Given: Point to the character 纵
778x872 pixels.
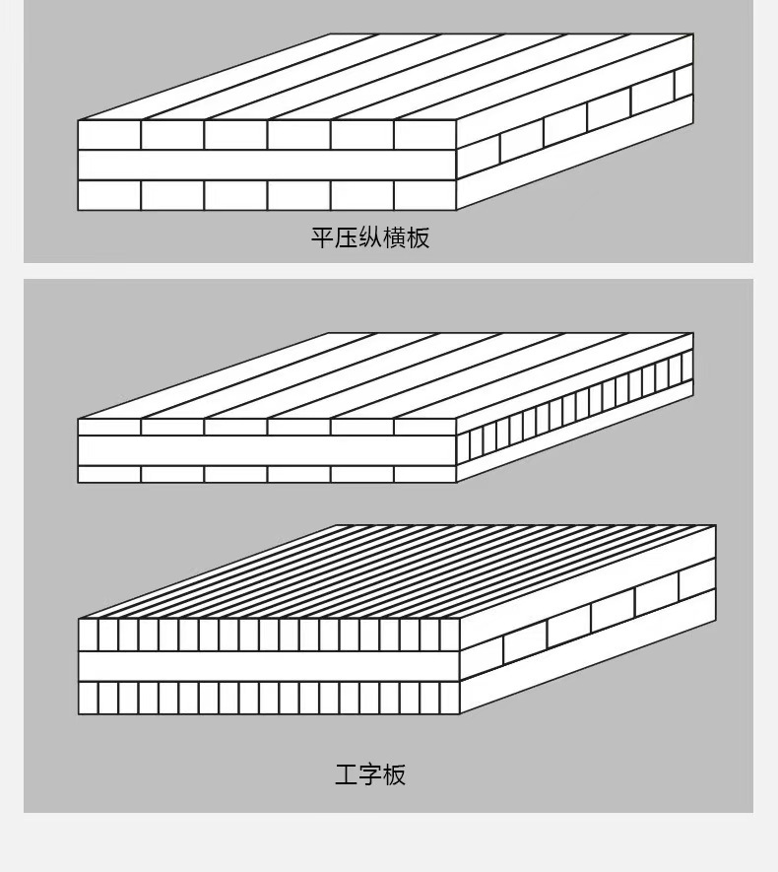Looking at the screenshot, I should tap(370, 238).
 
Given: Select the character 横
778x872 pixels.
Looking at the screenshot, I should tap(394, 238).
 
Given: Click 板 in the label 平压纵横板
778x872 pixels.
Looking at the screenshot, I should tap(418, 238).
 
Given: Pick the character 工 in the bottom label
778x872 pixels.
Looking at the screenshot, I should tap(346, 774).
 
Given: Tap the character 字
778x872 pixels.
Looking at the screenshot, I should tap(370, 774).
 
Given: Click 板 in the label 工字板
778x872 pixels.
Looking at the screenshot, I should tap(394, 774).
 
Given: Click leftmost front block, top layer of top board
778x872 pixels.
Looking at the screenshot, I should tap(109, 135).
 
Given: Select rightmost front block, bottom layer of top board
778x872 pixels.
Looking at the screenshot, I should tap(424, 195).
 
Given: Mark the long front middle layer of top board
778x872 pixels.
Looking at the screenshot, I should tap(267, 165).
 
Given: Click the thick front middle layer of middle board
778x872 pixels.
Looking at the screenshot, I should tap(267, 450).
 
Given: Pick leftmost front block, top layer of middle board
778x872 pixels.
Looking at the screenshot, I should tap(109, 427).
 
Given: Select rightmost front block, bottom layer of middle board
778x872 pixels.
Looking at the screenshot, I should tap(424, 474).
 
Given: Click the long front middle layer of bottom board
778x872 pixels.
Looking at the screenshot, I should tap(269, 665).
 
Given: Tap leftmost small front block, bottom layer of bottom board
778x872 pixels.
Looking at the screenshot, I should tap(89, 698).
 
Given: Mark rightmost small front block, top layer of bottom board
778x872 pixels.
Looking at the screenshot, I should tap(450, 634).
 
